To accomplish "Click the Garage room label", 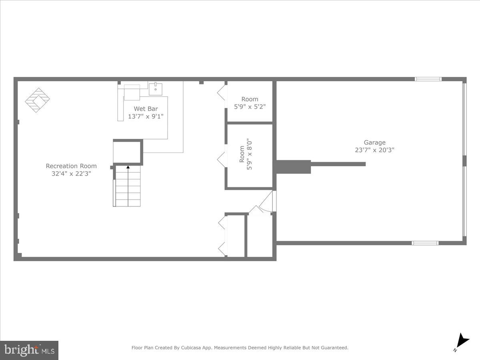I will click(x=374, y=142).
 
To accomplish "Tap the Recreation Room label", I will click(x=71, y=166).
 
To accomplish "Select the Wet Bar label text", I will click(x=146, y=109).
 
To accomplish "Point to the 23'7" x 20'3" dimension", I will click(x=374, y=150).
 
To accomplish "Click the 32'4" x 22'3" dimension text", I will click(x=71, y=174).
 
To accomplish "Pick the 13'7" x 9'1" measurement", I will click(x=146, y=116).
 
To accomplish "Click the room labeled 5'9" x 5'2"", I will click(x=250, y=103).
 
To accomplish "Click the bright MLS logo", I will click(x=29, y=350).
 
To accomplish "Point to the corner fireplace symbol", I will click(x=37, y=100).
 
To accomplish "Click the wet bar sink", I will click(x=155, y=89).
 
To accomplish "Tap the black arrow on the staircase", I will click(x=128, y=167).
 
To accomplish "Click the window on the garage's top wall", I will click(x=428, y=79).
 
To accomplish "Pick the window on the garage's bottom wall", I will click(x=425, y=243).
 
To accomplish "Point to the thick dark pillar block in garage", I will click(x=293, y=166).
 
